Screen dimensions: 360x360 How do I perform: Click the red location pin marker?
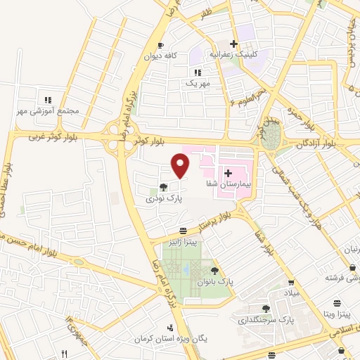pos(181,165)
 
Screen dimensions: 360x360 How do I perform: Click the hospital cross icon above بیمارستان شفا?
pos(228,172)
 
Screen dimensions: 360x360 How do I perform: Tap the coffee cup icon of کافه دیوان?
pos(160,44)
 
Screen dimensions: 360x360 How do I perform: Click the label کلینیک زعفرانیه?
pos(234,54)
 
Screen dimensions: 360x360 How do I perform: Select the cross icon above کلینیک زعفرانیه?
pos(234,44)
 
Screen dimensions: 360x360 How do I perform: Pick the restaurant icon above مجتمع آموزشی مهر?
pos(47,101)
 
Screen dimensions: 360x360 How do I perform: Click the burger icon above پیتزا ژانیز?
pos(183,231)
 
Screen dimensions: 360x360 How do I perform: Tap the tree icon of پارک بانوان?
pos(214,270)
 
